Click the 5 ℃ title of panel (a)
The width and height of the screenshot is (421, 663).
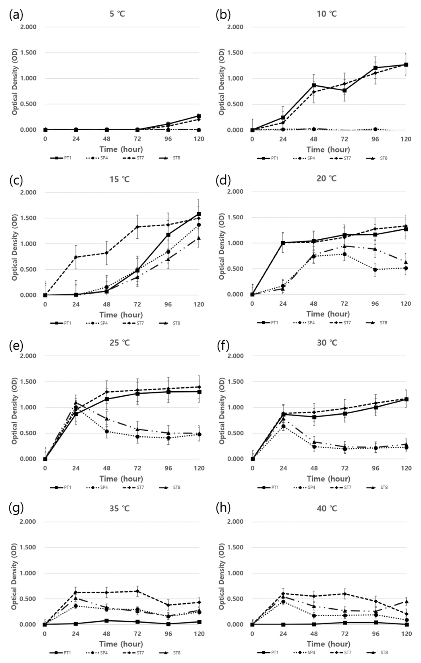117,14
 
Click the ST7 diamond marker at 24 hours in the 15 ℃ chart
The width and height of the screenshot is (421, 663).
76,257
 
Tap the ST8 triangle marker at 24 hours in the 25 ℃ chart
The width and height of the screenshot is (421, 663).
76,403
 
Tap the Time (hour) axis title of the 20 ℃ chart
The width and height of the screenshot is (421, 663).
328,314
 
